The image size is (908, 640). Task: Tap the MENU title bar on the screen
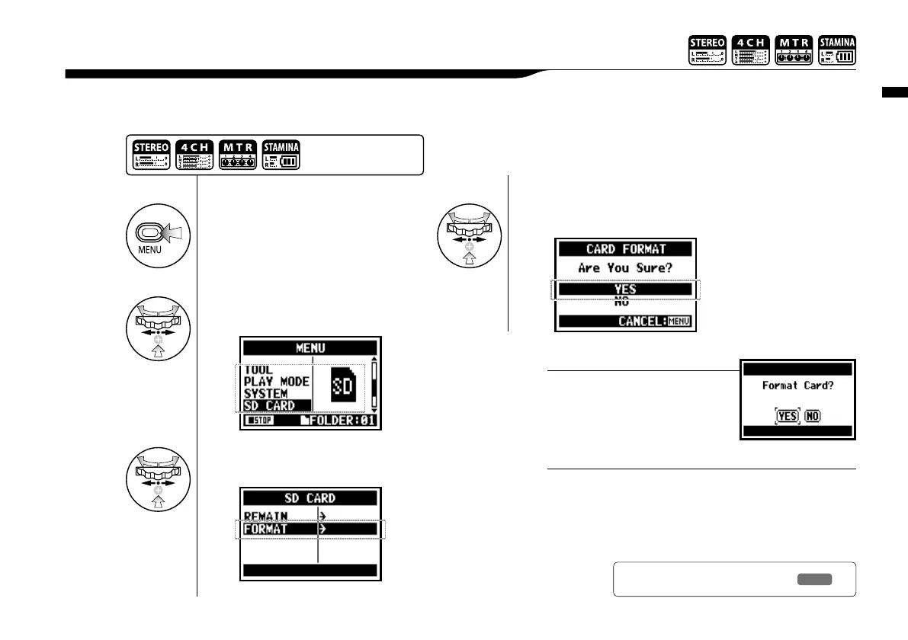pos(310,348)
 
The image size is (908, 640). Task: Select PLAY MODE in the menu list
pos(276,382)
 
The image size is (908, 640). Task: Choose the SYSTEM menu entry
pos(265,394)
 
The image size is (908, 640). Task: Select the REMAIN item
pos(266,516)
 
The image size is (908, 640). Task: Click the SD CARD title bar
pos(310,498)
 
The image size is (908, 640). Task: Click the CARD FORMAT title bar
pos(626,249)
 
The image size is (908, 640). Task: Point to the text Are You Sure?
pos(626,268)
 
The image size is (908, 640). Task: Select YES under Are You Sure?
pos(626,290)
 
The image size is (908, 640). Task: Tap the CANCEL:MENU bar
pos(626,322)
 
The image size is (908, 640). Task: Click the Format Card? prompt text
pos(797,386)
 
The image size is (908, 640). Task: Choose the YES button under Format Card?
pos(788,416)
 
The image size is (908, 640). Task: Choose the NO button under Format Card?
pos(813,416)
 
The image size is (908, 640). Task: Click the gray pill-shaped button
pos(815,579)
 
